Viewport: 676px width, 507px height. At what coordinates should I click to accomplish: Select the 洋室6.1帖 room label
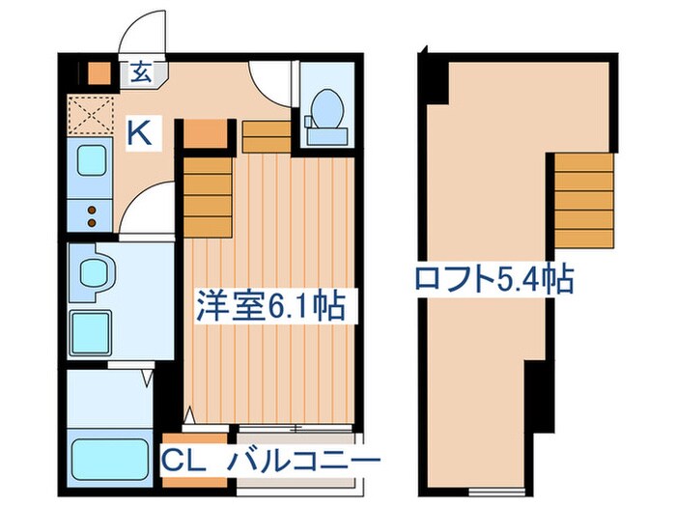[271, 308]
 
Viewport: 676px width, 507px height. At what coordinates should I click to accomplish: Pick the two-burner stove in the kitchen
[91, 212]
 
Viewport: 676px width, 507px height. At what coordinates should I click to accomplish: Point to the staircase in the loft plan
[583, 202]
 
